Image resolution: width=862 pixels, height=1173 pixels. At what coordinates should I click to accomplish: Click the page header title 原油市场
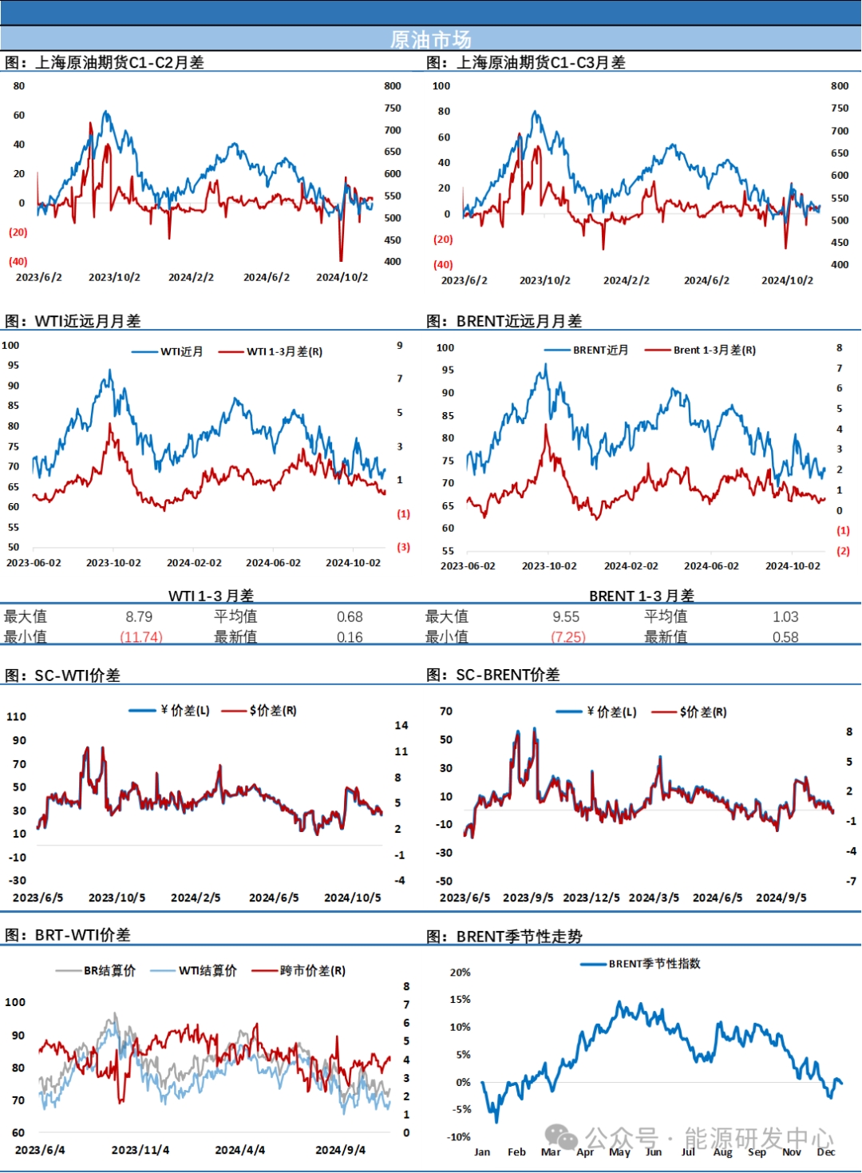(430, 39)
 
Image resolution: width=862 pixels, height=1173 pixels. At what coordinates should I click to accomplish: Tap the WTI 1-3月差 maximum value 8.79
(139, 616)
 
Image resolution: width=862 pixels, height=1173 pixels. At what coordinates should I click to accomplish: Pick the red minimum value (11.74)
(140, 637)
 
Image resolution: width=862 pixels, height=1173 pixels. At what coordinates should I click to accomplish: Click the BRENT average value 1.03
(785, 616)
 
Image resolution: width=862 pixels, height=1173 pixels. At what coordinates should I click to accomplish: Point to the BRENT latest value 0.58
(785, 637)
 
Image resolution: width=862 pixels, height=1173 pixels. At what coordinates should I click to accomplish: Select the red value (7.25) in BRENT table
(567, 637)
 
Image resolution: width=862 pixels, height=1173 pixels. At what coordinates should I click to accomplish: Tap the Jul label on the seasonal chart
(688, 1151)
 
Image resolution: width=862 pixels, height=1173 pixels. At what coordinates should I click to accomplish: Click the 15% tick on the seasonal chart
(460, 999)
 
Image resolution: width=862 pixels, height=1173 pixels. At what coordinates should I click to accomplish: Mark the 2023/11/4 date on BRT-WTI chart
(140, 1150)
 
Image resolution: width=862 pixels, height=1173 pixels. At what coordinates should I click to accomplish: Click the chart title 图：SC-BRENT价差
(492, 675)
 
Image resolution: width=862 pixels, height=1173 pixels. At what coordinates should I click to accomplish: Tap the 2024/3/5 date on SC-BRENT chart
(654, 898)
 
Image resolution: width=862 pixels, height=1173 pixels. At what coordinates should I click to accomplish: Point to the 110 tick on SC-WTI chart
(16, 716)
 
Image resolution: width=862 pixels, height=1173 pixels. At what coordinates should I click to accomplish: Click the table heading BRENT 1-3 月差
(641, 596)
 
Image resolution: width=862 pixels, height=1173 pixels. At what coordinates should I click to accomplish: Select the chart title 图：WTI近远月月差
(73, 321)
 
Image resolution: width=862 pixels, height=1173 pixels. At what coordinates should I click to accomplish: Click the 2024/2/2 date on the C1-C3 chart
(626, 280)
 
